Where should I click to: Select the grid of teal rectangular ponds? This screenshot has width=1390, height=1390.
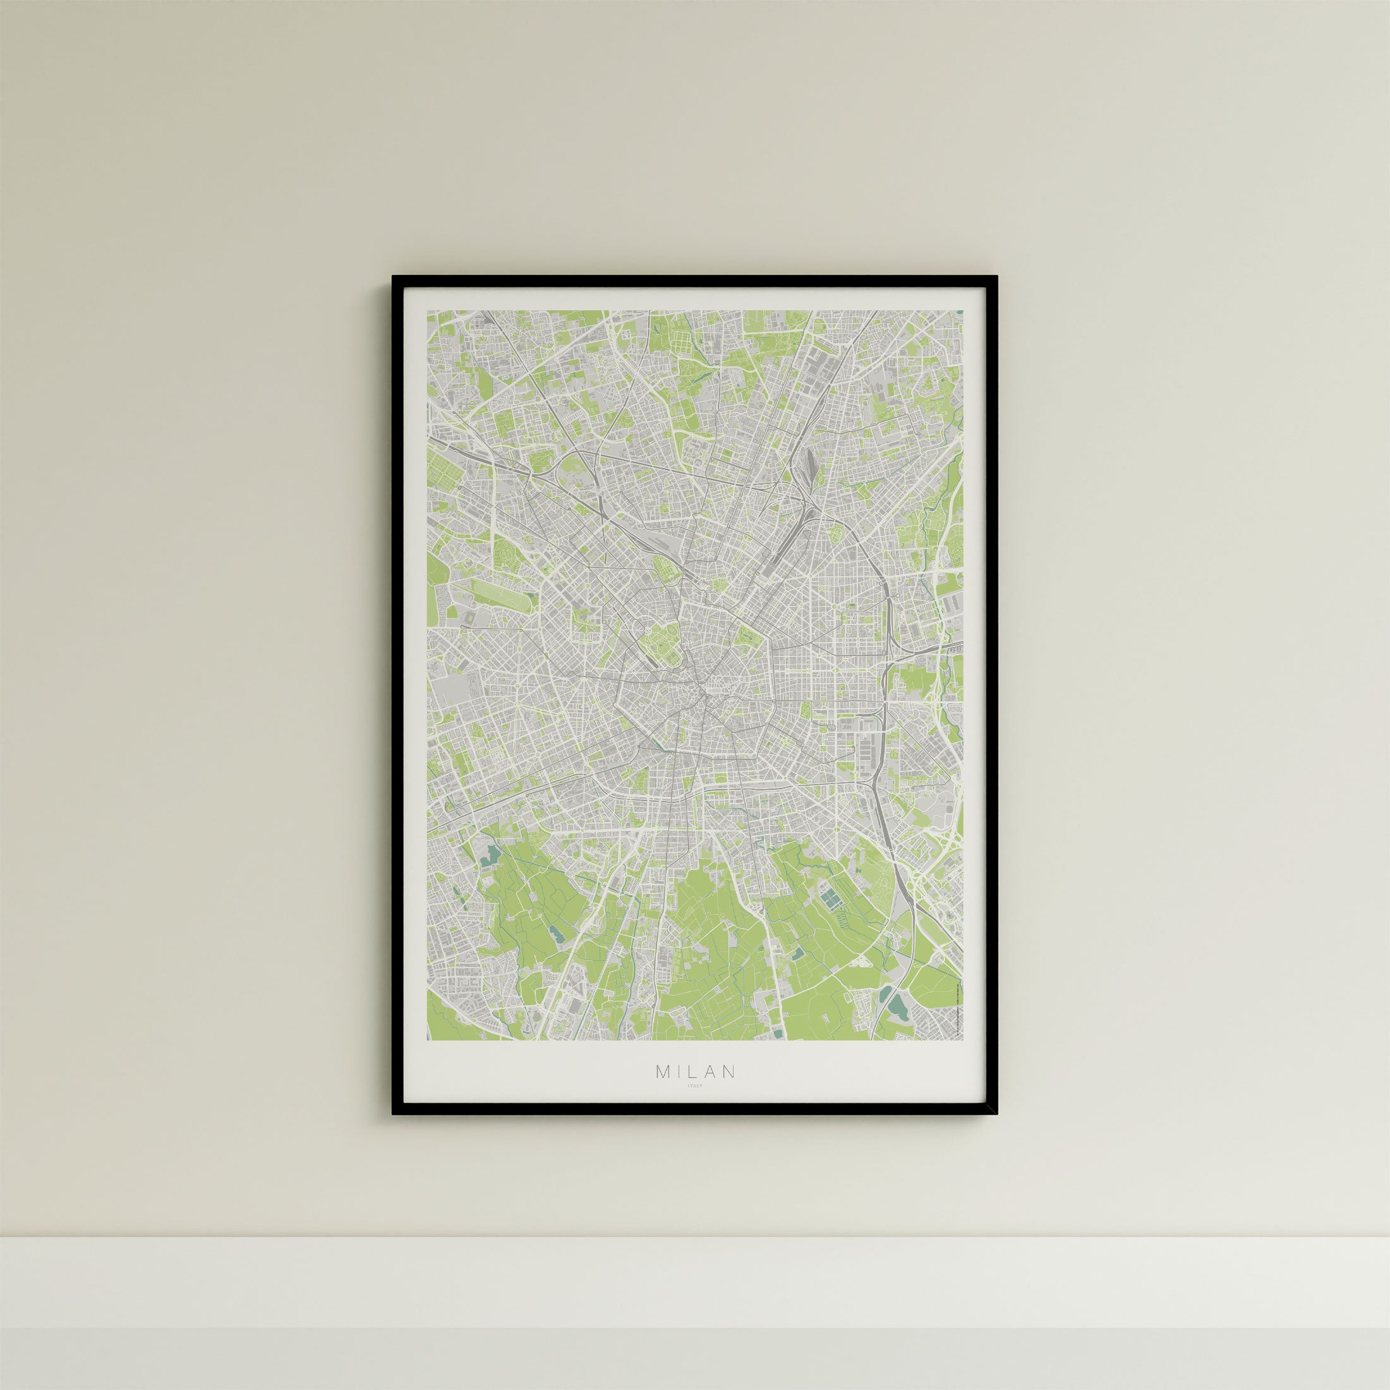coord(831,898)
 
